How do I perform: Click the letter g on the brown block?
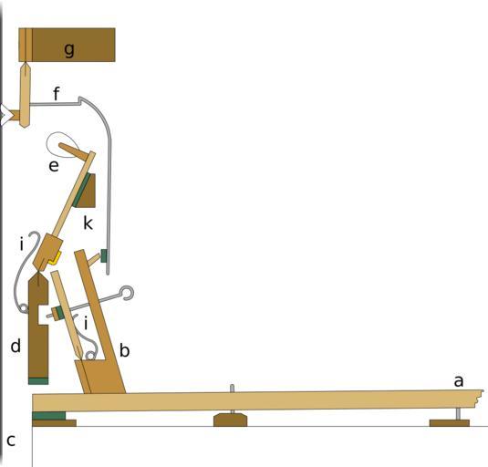tap(69, 49)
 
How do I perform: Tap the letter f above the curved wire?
tap(56, 93)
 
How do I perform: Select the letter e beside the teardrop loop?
tap(54, 166)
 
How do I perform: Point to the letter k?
tap(88, 223)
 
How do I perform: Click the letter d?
tap(16, 346)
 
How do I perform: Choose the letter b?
tap(124, 350)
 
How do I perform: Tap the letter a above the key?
tap(459, 381)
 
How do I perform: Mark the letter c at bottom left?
tap(11, 441)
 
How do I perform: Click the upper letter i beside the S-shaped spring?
tap(22, 244)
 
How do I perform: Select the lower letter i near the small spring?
tap(86, 323)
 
